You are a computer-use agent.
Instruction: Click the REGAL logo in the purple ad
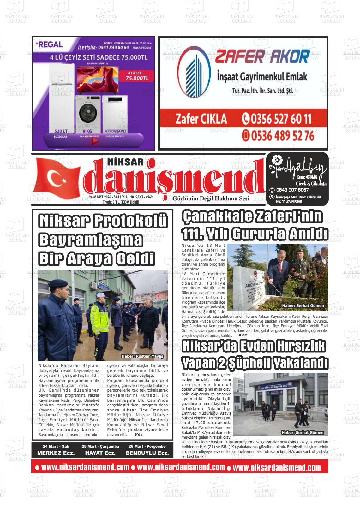[50, 45]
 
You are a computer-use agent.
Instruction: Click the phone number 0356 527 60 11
[277, 119]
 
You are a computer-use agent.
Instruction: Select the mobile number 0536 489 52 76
[278, 136]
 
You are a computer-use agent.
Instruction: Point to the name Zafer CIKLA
[201, 119]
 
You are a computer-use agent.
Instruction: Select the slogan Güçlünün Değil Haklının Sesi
[211, 198]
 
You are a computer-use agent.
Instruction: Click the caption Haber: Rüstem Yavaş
[142, 356]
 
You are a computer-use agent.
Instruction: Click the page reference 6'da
[138, 435]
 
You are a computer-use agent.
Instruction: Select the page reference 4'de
[243, 335]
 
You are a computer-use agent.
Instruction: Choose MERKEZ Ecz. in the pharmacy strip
[56, 453]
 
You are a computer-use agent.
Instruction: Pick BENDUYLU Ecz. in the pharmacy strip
[147, 453]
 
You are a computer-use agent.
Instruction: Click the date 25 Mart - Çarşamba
[100, 446]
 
